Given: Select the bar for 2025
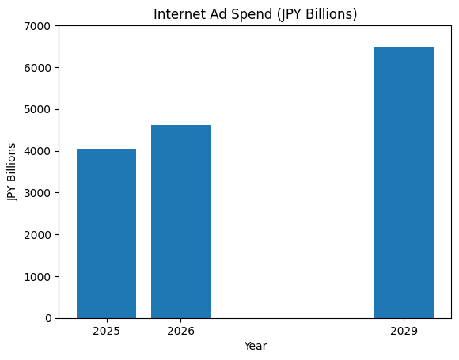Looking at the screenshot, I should tap(106, 233).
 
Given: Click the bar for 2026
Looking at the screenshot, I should tap(180, 222).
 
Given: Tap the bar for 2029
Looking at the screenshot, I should tap(404, 182).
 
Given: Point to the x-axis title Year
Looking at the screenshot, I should tap(255, 346).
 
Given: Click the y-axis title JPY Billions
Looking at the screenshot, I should tap(12, 172).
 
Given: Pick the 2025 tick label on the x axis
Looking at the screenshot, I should tap(106, 330).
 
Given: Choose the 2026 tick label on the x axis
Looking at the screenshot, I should tap(180, 330).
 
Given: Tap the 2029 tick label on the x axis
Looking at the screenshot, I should tap(404, 330).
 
